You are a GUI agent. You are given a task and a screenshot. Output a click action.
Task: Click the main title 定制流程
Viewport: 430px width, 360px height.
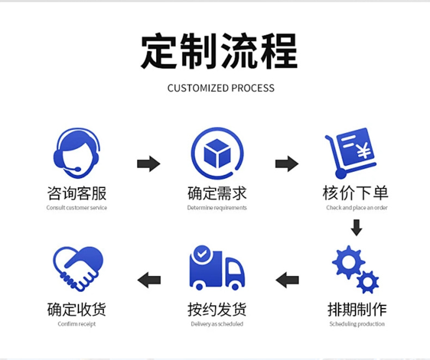[219, 51]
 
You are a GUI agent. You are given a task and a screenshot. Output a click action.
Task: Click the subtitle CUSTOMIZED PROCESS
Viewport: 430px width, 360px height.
[221, 88]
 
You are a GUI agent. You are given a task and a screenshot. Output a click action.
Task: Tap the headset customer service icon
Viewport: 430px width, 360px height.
[77, 153]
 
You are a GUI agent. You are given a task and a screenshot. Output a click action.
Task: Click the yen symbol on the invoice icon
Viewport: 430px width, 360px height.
[364, 151]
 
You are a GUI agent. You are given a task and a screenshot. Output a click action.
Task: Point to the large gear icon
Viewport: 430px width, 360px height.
[348, 262]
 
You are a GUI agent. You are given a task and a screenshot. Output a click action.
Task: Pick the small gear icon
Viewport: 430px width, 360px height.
[367, 282]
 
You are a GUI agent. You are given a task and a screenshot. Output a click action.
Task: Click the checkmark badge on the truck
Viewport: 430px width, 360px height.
[202, 254]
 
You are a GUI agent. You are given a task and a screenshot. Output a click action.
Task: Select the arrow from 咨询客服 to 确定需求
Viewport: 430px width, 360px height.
[149, 164]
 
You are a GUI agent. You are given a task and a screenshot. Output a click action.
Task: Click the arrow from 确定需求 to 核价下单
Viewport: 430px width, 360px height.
[287, 164]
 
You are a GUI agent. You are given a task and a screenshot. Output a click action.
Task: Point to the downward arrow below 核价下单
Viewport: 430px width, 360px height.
[357, 228]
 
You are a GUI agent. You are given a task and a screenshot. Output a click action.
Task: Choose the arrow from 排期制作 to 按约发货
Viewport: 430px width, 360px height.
[287, 280]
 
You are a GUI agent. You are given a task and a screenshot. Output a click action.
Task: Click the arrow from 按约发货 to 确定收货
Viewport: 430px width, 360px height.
[149, 280]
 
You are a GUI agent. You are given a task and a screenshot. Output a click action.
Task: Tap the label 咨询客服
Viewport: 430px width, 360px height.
[77, 194]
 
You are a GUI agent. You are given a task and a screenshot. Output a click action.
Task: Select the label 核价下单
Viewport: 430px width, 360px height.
[355, 193]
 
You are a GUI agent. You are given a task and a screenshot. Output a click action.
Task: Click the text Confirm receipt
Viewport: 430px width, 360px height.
[77, 324]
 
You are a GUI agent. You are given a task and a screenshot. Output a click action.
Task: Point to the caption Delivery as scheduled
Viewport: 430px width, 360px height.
[217, 324]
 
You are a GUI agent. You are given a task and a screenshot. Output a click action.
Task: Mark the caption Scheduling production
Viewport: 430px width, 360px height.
[357, 324]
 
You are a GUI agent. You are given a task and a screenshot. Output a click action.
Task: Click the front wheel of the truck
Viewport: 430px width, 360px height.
[235, 287]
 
